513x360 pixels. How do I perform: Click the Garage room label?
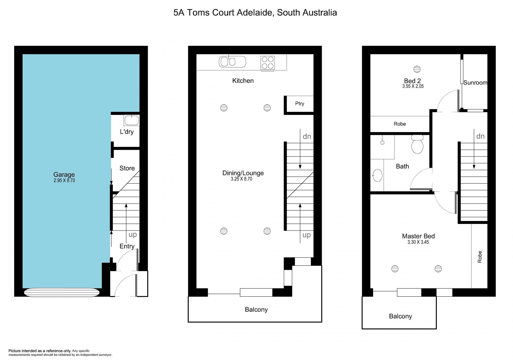64,174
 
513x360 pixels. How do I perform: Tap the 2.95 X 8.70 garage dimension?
64,181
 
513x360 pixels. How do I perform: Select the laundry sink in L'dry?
131,120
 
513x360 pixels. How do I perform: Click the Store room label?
127,168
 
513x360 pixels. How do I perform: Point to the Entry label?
127,246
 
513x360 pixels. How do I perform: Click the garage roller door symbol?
62,292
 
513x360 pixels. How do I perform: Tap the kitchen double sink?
232,62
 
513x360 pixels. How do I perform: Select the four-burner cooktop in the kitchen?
267,63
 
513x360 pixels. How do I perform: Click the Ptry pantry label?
300,104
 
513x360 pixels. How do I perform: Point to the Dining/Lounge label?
243,173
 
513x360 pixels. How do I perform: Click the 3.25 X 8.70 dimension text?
242,179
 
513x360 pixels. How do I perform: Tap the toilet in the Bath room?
417,144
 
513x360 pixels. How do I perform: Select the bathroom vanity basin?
377,175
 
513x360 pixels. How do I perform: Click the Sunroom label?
475,83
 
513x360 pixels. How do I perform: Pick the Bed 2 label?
412,81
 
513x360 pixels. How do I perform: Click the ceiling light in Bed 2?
417,69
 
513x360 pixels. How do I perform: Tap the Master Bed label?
418,236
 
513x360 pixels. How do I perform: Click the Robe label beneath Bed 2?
400,124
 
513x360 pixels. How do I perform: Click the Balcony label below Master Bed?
400,316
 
